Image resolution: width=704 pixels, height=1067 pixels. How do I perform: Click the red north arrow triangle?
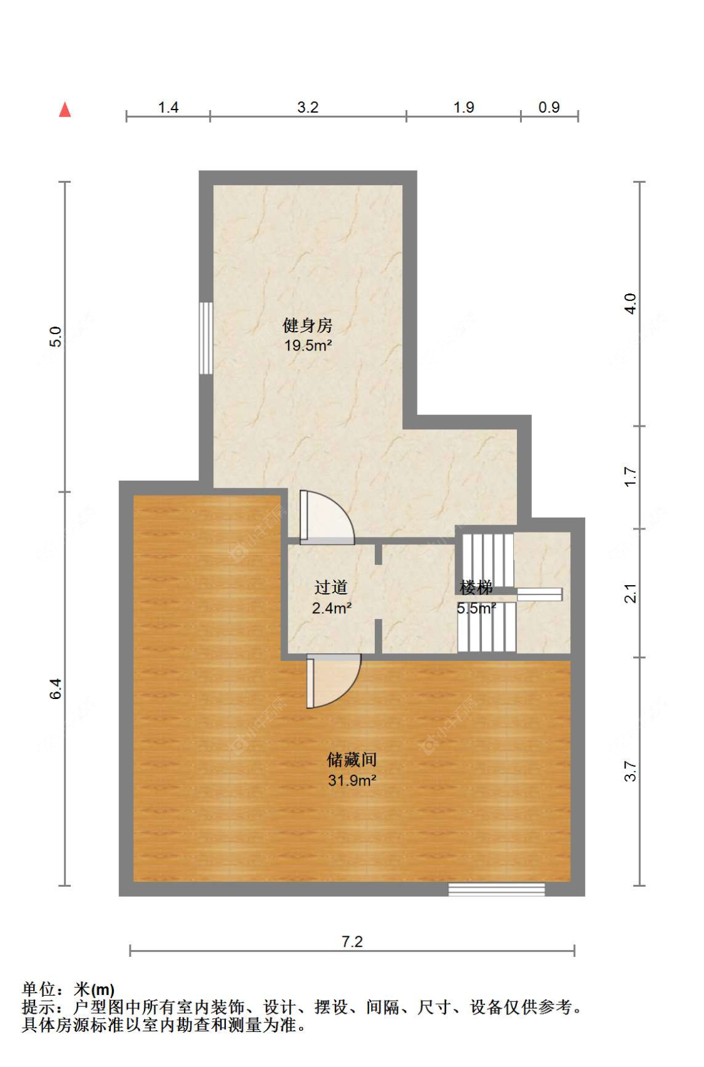pyautogui.click(x=65, y=110)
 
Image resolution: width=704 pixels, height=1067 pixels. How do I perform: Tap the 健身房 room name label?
pyautogui.click(x=307, y=325)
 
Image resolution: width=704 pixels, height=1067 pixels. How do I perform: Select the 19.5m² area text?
pyautogui.click(x=308, y=345)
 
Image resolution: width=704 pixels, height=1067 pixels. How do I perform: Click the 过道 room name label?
pyautogui.click(x=330, y=588)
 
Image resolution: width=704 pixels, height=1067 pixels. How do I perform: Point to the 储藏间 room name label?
pyautogui.click(x=352, y=759)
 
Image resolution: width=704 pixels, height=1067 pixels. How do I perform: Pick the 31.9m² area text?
pyautogui.click(x=352, y=780)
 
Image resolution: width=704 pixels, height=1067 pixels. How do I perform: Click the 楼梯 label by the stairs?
pyautogui.click(x=476, y=588)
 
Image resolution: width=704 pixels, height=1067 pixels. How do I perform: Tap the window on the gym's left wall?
pyautogui.click(x=206, y=338)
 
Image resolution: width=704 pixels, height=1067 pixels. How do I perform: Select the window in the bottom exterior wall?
pyautogui.click(x=496, y=889)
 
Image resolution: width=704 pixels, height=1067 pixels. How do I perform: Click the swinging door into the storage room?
pyautogui.click(x=334, y=681)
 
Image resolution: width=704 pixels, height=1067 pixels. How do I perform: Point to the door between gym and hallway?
pyautogui.click(x=327, y=518)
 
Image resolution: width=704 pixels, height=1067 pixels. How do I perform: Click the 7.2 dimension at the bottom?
pyautogui.click(x=352, y=942)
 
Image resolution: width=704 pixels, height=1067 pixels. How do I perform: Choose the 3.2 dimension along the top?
pyautogui.click(x=308, y=107)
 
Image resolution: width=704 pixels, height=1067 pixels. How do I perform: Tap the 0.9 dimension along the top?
pyautogui.click(x=549, y=107)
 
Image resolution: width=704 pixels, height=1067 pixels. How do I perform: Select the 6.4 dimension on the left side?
pyautogui.click(x=56, y=689)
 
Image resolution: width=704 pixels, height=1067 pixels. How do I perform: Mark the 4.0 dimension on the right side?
pyautogui.click(x=630, y=304)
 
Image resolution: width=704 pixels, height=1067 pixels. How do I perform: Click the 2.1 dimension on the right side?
pyautogui.click(x=630, y=593)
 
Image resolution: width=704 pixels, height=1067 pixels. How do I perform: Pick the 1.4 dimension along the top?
pyautogui.click(x=168, y=107)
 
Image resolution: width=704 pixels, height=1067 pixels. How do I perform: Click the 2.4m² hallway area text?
pyautogui.click(x=332, y=608)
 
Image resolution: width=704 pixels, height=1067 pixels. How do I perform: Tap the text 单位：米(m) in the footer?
pyautogui.click(x=68, y=989)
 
